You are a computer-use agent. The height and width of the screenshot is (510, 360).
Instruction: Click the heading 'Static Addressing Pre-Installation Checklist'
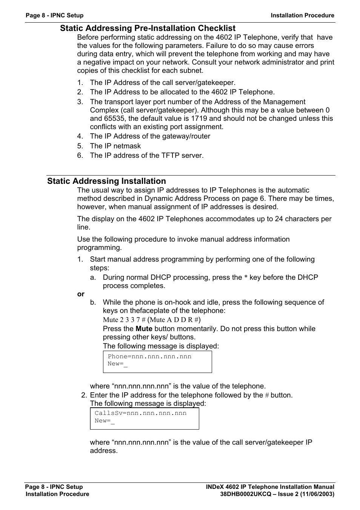148,28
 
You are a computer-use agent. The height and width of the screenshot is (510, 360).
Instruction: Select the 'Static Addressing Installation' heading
106,181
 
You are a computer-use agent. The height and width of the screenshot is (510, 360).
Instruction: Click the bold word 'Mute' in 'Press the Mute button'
144,329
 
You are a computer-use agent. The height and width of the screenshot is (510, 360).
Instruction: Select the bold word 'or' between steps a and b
81,294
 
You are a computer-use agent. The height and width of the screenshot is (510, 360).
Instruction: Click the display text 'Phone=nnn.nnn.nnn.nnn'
149,356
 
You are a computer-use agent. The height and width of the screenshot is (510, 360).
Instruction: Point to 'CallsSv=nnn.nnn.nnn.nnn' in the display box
140,413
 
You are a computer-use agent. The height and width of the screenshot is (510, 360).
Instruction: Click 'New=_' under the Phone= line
117,364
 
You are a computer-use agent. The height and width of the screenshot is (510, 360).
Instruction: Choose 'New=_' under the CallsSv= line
105,421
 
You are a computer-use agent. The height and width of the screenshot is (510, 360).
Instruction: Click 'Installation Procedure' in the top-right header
302,15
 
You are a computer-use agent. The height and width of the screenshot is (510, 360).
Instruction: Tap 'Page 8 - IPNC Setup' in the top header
54,15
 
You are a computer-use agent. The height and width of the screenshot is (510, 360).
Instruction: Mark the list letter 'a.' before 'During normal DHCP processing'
93,277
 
